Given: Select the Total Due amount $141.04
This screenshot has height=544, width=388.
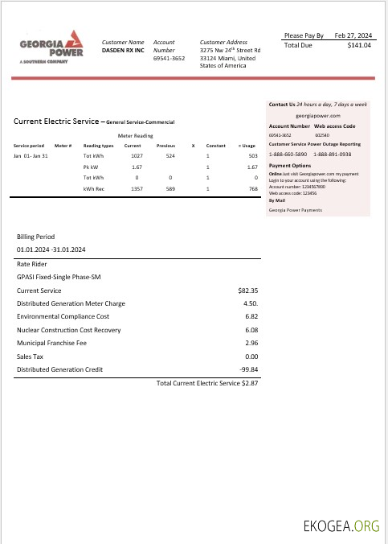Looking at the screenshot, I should [359, 46].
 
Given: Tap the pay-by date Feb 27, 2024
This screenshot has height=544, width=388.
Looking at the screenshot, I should [353, 35].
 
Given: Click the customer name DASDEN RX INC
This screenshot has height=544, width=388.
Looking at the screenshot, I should [123, 50].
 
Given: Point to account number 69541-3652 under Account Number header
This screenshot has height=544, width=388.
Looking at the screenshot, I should [169, 58].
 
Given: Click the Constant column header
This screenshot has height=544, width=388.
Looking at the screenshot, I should [215, 145].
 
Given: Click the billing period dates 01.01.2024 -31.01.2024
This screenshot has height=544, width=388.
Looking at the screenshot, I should [51, 250].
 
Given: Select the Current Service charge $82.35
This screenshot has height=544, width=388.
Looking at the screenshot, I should [247, 290].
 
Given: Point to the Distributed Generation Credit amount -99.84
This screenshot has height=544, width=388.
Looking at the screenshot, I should [246, 369].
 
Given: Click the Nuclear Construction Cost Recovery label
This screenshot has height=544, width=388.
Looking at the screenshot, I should [68, 330].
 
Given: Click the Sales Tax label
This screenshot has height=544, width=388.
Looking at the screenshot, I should [30, 356].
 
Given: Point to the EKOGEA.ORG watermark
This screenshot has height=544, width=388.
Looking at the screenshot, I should [341, 527].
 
